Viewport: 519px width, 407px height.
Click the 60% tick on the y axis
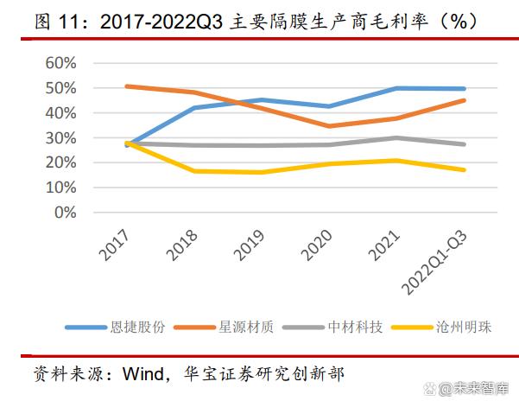(58, 63)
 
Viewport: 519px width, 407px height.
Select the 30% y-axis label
(58, 137)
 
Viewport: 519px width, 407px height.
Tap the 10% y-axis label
(58, 188)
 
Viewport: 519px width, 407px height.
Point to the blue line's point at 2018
(195, 108)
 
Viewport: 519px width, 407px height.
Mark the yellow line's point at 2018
(195, 171)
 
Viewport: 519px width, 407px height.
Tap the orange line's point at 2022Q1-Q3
(464, 100)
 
